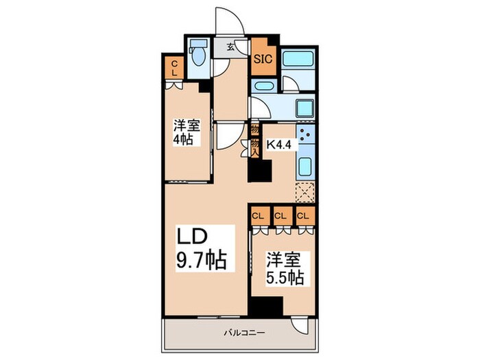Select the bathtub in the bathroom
(299, 62)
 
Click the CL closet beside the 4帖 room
(173, 68)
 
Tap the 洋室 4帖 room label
(182, 133)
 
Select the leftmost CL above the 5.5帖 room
(259, 216)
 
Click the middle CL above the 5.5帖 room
(280, 216)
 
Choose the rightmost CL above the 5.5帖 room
(302, 216)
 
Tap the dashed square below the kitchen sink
(304, 191)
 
